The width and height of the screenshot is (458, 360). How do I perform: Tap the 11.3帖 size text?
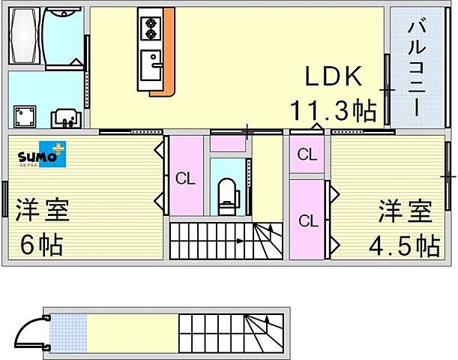333,112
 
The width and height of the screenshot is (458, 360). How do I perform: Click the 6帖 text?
41,244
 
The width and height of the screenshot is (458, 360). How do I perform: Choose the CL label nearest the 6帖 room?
185,178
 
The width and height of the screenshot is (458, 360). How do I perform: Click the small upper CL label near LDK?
307,155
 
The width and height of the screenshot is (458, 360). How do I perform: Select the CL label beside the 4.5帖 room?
308,220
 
